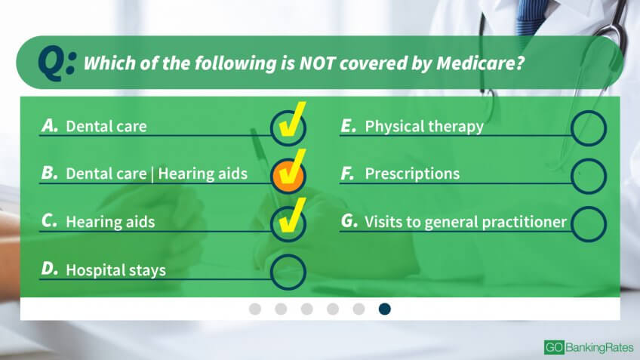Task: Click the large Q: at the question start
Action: point(57,63)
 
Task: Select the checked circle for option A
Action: point(288,128)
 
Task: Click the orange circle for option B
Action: point(288,176)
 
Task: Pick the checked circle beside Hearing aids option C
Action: point(288,223)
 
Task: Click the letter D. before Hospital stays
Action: point(50,269)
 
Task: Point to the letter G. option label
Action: point(349,221)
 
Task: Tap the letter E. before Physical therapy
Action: point(349,126)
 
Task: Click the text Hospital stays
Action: point(116,270)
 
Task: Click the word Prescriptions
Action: point(412,174)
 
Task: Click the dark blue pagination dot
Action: point(384,309)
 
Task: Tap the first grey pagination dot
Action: point(255,309)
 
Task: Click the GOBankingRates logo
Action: point(589,347)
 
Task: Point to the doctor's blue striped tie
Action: point(531,17)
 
